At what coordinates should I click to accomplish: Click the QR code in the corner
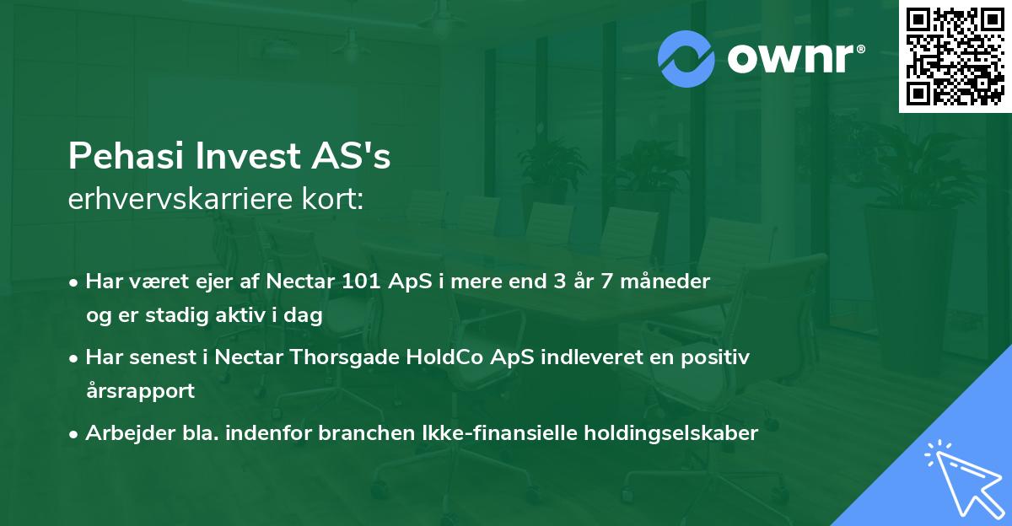(954, 56)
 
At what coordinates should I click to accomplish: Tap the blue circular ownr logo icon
(686, 59)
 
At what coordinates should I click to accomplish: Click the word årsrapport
(140, 391)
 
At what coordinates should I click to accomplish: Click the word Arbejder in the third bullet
(121, 433)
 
